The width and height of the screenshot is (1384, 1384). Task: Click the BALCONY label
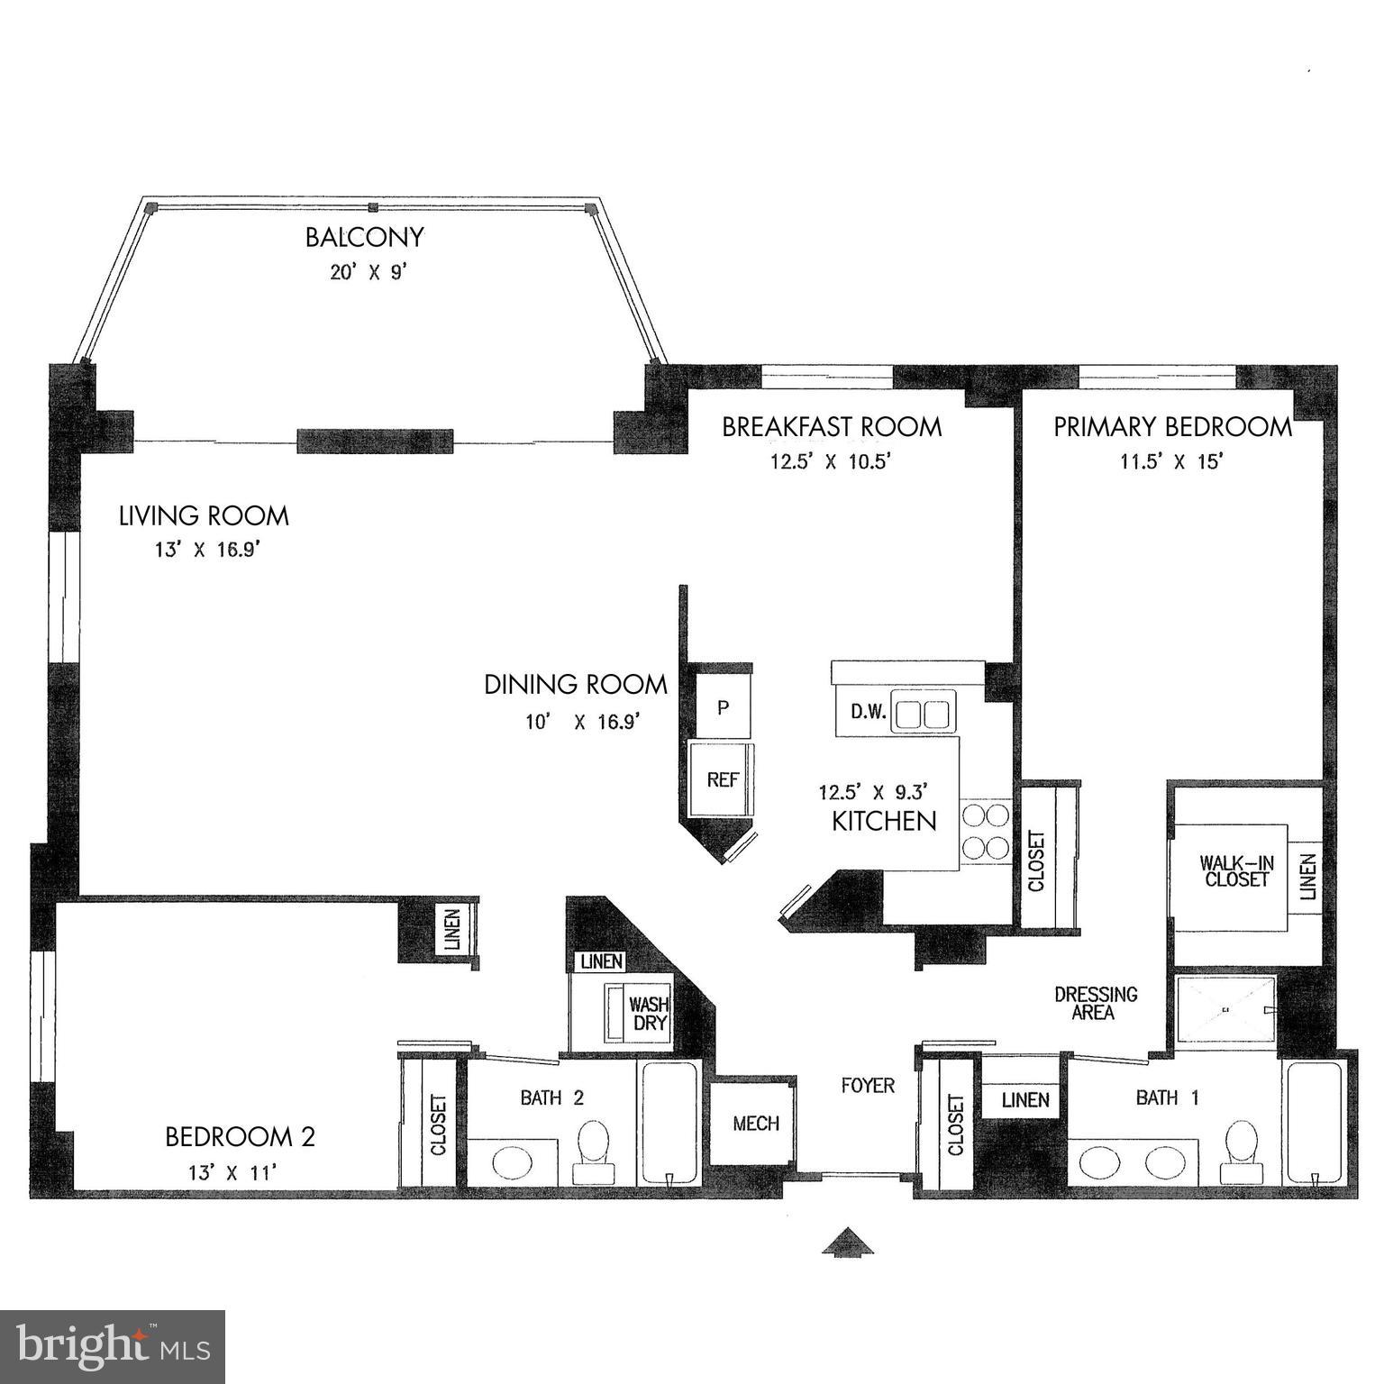point(364,238)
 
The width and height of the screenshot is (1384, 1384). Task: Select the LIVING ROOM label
point(205,516)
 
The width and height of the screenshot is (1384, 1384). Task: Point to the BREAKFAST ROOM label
point(832,427)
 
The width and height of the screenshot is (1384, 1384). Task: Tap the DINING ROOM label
point(576,685)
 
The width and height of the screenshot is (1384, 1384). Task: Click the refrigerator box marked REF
point(722,780)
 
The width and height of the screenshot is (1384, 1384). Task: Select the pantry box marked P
point(723,707)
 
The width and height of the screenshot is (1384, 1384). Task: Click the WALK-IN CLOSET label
point(1235,870)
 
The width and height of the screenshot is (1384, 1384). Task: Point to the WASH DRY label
point(648,1014)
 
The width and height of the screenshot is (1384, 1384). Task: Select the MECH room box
point(755,1124)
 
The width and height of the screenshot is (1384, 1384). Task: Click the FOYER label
point(868,1086)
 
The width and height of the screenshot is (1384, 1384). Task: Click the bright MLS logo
point(113,1346)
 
